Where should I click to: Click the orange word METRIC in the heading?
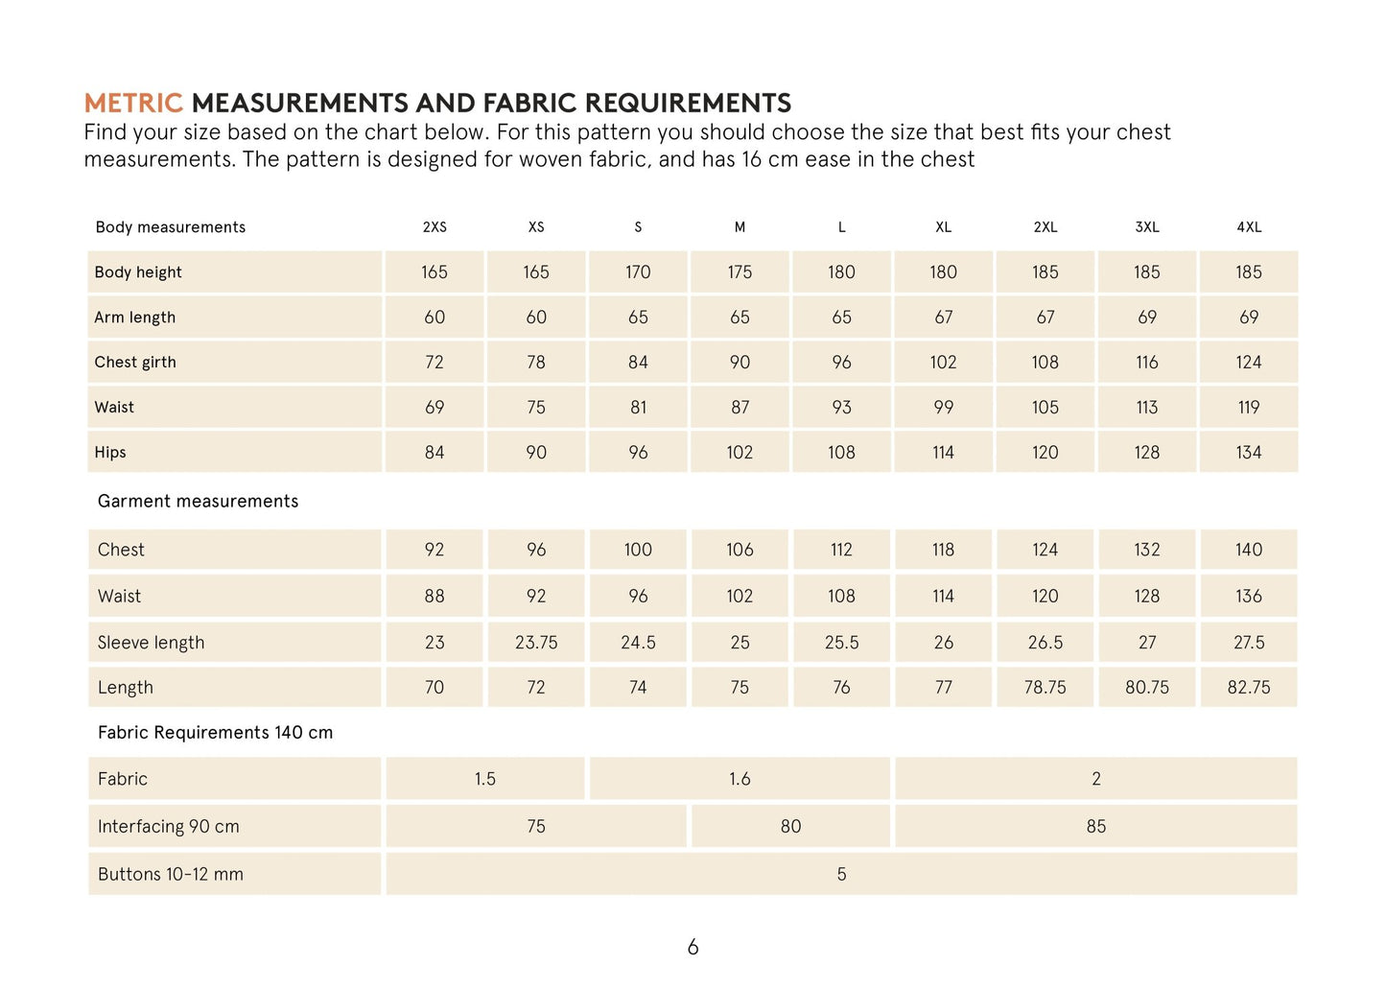click(132, 103)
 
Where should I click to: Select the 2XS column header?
click(435, 227)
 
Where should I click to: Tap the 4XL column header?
click(1249, 227)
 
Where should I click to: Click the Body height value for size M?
click(740, 272)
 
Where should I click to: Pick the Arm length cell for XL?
click(944, 318)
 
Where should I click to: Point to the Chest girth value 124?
click(1249, 363)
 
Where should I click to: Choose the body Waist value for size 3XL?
click(1147, 408)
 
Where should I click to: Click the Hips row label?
click(110, 453)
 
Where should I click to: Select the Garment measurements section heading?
click(198, 501)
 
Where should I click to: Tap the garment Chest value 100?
click(638, 550)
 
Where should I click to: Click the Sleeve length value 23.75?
click(536, 643)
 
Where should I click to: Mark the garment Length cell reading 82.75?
click(1249, 688)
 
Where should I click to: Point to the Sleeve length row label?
click(151, 643)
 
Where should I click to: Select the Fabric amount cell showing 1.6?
click(740, 779)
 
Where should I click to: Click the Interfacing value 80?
click(790, 827)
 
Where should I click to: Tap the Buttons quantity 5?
click(841, 874)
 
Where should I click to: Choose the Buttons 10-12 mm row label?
click(171, 874)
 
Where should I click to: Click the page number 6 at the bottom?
click(693, 948)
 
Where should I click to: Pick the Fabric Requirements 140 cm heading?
click(215, 733)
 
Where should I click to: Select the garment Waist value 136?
click(1249, 597)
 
